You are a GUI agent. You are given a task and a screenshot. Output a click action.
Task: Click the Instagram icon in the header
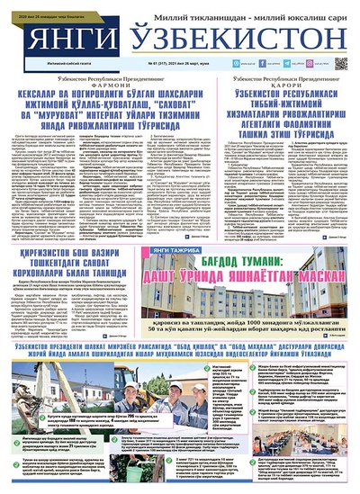point(273,65)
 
